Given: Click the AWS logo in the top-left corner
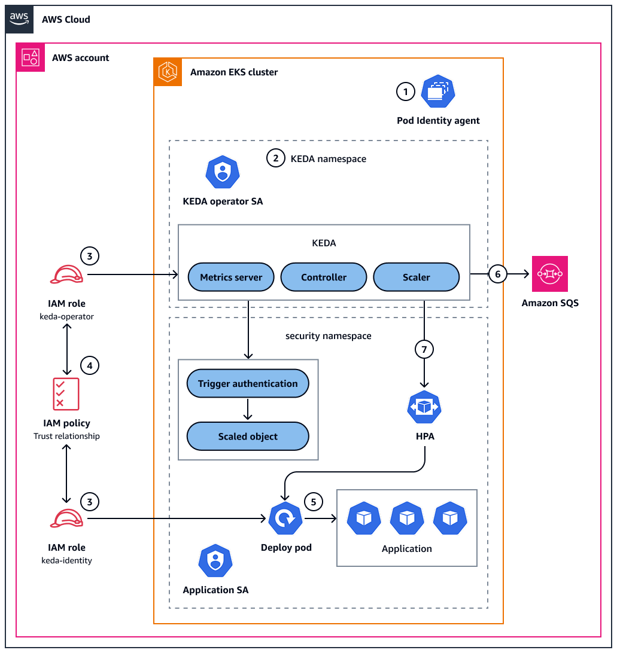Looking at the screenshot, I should tap(19, 19).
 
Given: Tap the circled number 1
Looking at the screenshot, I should tap(406, 92).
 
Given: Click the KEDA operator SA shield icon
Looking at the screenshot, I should tap(223, 174).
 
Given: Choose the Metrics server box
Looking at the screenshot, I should tap(231, 277).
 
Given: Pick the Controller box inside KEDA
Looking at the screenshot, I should tap(324, 277).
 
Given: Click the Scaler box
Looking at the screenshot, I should tap(416, 277).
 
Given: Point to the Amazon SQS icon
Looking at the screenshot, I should tap(549, 274).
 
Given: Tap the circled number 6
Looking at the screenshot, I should tap(497, 274).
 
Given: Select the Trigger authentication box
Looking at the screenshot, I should tap(248, 383).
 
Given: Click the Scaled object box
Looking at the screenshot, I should tap(248, 436).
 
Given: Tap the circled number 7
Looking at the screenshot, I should tap(424, 350).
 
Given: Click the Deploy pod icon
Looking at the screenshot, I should tap(285, 518).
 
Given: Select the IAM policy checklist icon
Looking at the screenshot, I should tap(66, 393).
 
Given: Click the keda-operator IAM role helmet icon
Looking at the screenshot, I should tap(66, 274).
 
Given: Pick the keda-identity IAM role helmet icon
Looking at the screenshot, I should tap(66, 518).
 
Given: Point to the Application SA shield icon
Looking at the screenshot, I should tap(215, 561).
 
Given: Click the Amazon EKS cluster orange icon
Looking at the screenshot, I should tap(168, 72).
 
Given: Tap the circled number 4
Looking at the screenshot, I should tap(89, 365).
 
